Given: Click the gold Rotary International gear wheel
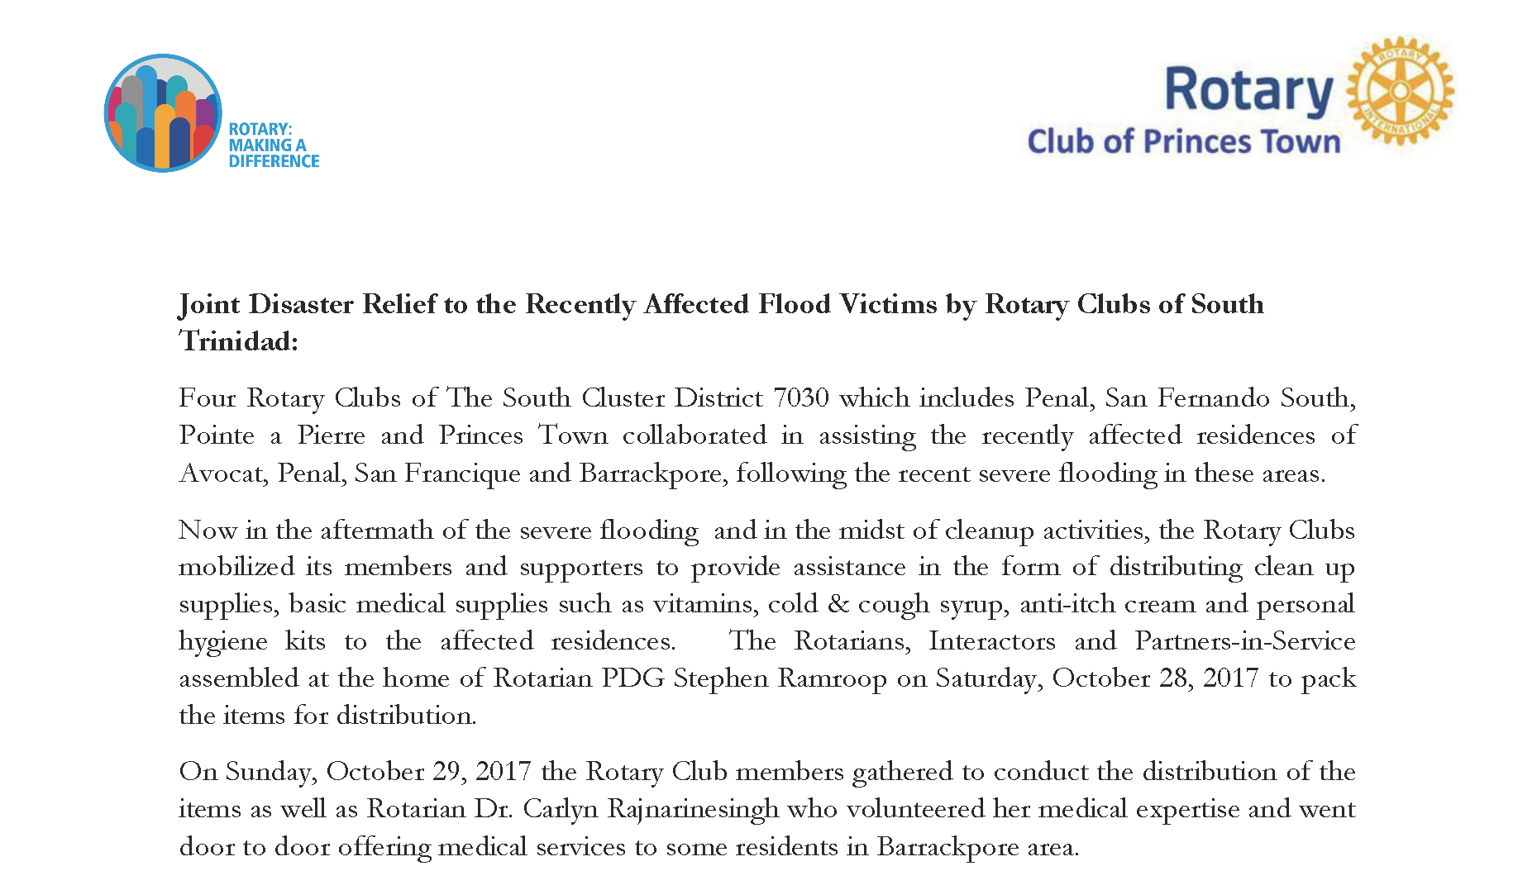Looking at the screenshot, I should click(x=1400, y=91).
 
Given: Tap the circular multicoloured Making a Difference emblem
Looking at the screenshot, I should click(x=163, y=113).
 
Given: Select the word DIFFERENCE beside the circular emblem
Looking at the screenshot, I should click(x=274, y=161).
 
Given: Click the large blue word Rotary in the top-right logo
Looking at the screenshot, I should click(x=1248, y=90).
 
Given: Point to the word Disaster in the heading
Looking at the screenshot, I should click(x=301, y=304).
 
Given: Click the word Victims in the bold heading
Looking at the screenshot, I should click(x=888, y=304).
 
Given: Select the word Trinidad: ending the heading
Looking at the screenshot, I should click(x=238, y=340).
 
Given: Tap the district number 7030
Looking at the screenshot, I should click(x=800, y=398).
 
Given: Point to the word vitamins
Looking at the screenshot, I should click(x=704, y=604).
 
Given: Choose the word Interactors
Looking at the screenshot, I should click(x=991, y=641).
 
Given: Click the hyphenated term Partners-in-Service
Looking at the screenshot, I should click(x=1244, y=641).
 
